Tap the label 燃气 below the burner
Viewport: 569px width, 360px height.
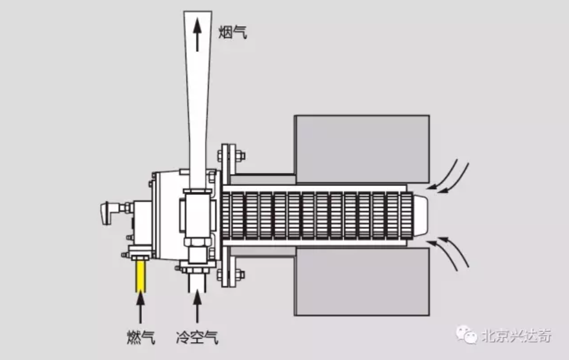pyautogui.click(x=141, y=338)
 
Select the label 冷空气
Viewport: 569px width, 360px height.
pyautogui.click(x=197, y=338)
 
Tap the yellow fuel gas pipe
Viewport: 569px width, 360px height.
pyautogui.click(x=141, y=277)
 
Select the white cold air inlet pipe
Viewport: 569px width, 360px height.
pyautogui.click(x=197, y=286)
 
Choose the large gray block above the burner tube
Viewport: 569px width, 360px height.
pyautogui.click(x=361, y=148)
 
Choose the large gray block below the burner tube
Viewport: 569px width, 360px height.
pyautogui.click(x=361, y=281)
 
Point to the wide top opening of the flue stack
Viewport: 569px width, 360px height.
pyautogui.click(x=197, y=15)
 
